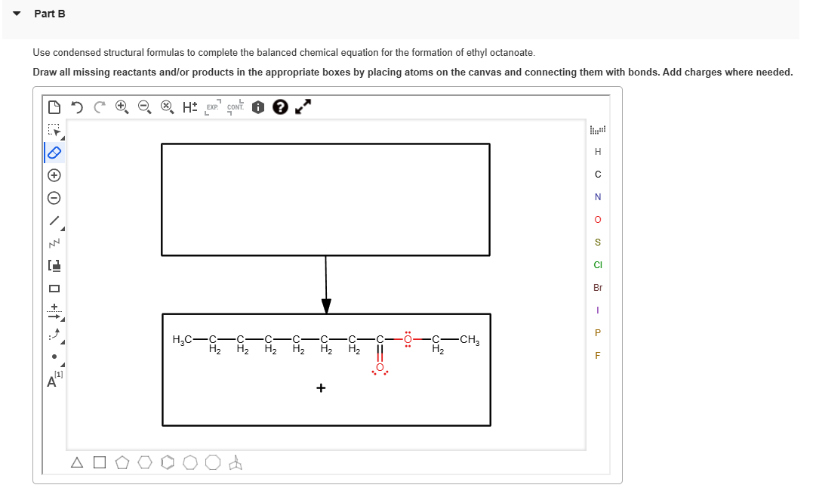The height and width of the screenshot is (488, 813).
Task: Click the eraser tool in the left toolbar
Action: [54, 153]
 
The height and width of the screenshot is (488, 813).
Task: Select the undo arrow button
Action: [76, 107]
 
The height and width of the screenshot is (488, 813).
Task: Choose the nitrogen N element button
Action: [598, 197]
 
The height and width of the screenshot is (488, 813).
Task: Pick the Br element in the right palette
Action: [598, 288]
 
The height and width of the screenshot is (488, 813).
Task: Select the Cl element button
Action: [598, 265]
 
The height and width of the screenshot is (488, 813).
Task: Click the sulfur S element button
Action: [598, 242]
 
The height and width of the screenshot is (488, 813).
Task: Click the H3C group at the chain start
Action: [183, 340]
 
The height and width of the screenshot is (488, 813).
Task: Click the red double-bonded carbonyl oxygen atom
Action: [380, 368]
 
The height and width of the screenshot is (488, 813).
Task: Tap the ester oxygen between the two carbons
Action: [408, 339]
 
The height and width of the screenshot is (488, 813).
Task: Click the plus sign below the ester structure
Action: [321, 388]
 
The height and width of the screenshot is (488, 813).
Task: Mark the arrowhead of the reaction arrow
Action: [326, 306]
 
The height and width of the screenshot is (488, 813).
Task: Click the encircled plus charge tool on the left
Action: [54, 175]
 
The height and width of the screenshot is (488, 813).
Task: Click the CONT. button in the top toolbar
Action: [236, 107]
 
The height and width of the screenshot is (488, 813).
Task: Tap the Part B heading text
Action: [50, 14]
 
